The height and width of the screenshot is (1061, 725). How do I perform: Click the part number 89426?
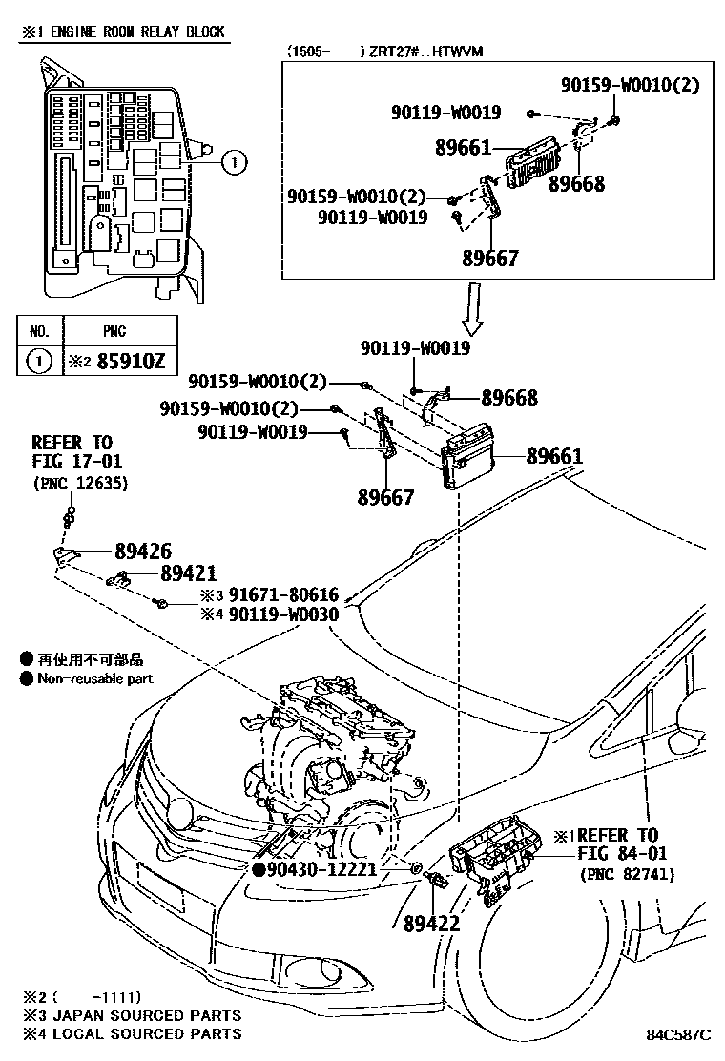pos(143,551)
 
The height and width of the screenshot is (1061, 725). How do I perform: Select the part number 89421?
pos(188,573)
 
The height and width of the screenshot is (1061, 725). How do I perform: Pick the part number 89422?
pos(431,923)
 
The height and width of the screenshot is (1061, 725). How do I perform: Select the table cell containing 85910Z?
pos(107,362)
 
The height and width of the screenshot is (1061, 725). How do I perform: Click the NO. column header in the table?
pos(40,332)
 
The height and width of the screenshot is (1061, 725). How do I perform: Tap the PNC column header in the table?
pos(107,332)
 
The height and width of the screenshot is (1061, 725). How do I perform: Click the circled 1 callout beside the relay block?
pos(235,163)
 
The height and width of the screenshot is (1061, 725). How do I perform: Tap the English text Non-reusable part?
pos(94,678)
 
